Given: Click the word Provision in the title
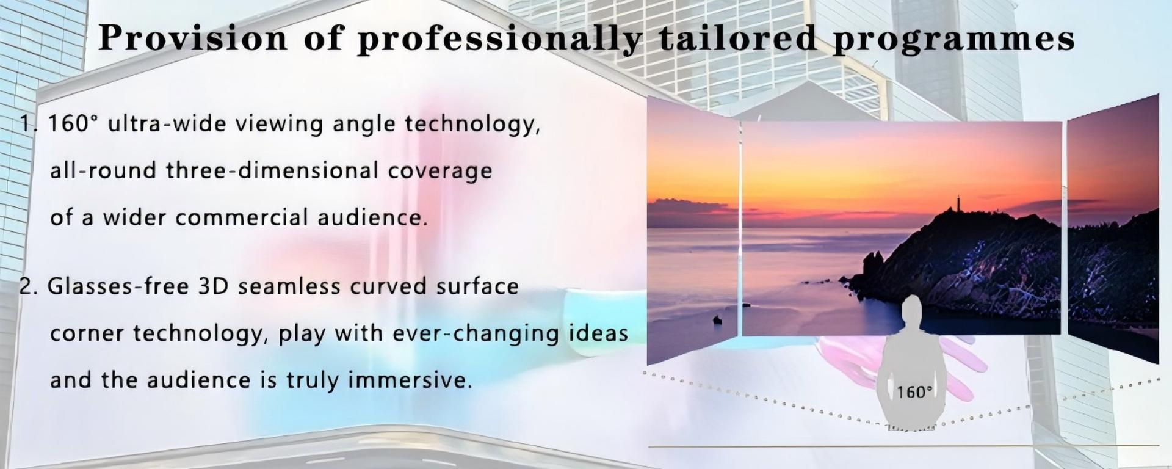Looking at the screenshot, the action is pyautogui.click(x=193, y=38).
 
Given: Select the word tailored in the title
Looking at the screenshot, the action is pyautogui.click(x=738, y=38).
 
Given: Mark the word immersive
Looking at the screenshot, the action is pyautogui.click(x=410, y=380).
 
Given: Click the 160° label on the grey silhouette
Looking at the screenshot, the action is pyautogui.click(x=914, y=392).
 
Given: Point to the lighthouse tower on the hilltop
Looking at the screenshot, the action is pyautogui.click(x=958, y=202).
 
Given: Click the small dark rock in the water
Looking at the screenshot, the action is pyautogui.click(x=717, y=319).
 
